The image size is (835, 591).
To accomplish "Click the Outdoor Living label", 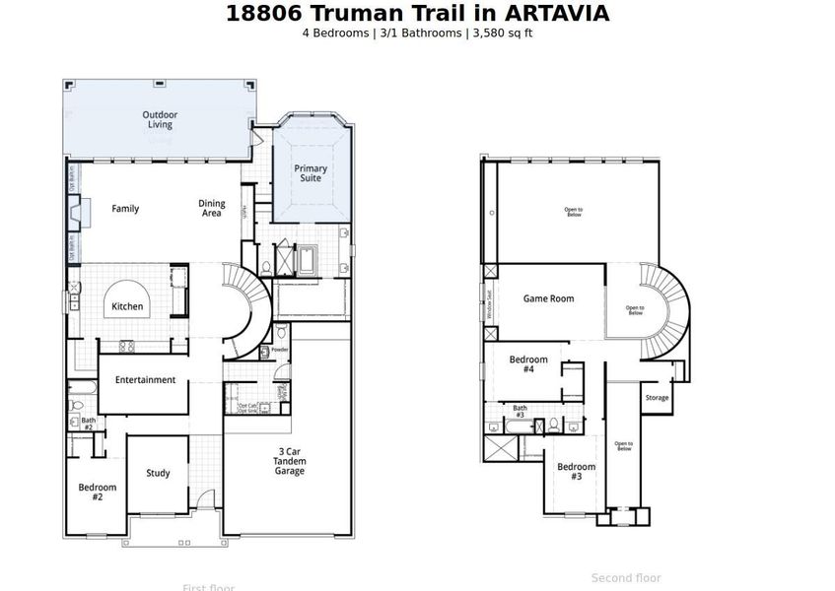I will click(x=159, y=120).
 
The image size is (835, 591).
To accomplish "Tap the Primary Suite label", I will click(x=311, y=173).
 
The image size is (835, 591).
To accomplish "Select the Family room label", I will click(x=125, y=209).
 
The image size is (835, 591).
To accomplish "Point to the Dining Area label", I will click(x=212, y=209).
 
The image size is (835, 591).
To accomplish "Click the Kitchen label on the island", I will click(x=127, y=306).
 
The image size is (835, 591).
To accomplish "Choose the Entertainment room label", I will click(x=145, y=380).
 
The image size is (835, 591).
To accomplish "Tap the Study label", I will click(x=158, y=473).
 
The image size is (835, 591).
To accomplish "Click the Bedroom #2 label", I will click(x=98, y=492).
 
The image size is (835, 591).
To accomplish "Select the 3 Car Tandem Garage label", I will click(x=290, y=461).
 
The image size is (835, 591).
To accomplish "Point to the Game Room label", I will click(x=548, y=298).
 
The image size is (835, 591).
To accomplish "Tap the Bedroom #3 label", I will click(x=576, y=471).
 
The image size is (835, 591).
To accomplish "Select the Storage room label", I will click(x=657, y=398).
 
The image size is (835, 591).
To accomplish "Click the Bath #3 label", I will click(x=520, y=412).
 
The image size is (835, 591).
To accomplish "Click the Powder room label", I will click(x=279, y=350).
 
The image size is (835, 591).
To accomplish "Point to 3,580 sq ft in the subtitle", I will click(x=503, y=33).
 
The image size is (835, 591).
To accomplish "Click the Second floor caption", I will click(x=626, y=578).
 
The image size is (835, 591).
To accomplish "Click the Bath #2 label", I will click(x=88, y=424).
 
